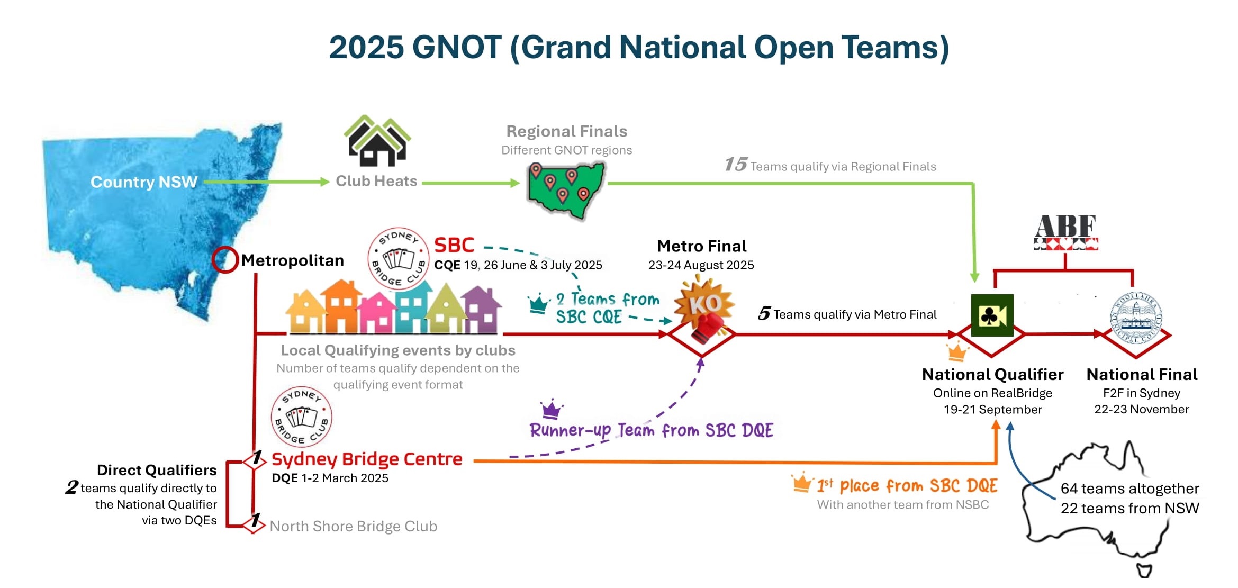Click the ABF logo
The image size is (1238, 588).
click(1065, 232)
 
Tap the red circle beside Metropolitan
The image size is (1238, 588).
click(225, 260)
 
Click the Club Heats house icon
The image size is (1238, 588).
click(377, 141)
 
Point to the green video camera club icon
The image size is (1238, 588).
click(992, 315)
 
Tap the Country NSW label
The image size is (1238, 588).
click(144, 182)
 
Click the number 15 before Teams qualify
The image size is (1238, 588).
click(736, 164)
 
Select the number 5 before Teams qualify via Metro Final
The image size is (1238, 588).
click(764, 313)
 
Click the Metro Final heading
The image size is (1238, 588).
click(701, 246)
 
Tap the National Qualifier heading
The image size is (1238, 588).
click(992, 375)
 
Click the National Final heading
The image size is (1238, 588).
click(1142, 375)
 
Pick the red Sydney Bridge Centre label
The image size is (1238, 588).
click(367, 459)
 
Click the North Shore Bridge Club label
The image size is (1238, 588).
click(354, 526)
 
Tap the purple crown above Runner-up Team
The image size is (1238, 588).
click(552, 408)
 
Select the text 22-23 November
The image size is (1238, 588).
click(1142, 409)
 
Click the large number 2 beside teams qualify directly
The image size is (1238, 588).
click(71, 487)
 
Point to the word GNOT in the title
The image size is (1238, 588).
click(457, 48)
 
